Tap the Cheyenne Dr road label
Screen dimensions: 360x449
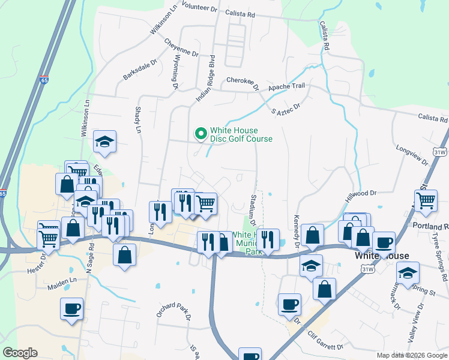(181, 48)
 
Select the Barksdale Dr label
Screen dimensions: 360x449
(139, 69)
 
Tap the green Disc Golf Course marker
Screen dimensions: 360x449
(200, 133)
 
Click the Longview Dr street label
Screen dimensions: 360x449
(412, 155)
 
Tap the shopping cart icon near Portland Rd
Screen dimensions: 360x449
(426, 200)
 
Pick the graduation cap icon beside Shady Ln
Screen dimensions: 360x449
(105, 141)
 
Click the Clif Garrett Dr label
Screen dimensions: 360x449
(325, 340)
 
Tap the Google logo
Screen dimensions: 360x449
(20, 353)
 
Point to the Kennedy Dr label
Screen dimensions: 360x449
(296, 232)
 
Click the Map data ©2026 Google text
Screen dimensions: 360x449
(411, 355)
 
